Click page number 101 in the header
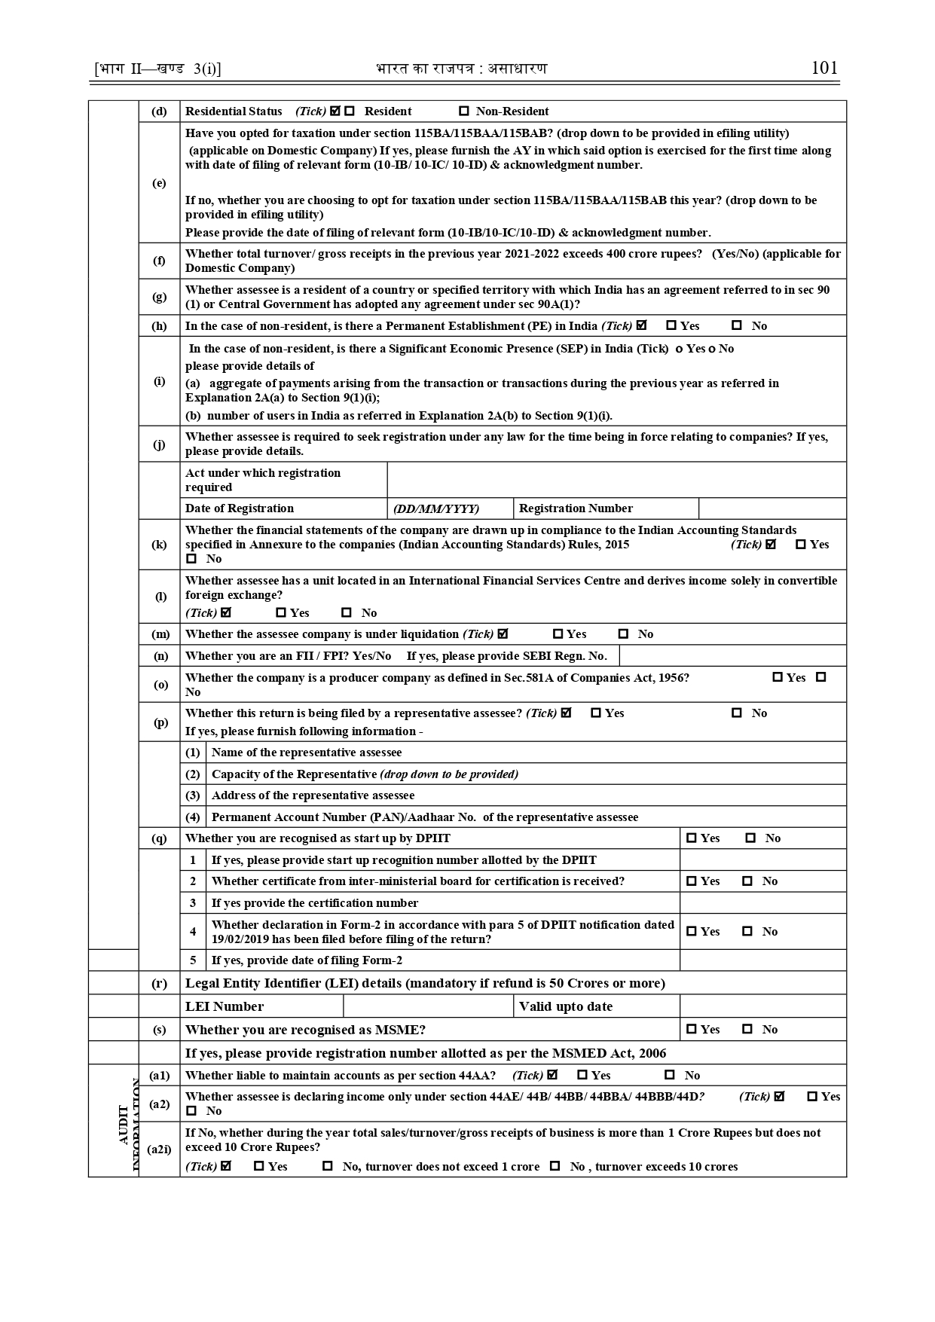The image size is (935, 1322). [824, 68]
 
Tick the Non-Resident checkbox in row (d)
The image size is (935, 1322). [464, 111]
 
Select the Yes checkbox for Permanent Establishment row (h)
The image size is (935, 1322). [671, 326]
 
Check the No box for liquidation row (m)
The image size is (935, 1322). [623, 634]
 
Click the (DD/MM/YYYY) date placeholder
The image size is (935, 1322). [436, 508]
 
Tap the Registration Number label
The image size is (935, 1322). [576, 508]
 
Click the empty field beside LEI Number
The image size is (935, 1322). [428, 1006]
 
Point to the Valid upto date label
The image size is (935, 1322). [565, 1006]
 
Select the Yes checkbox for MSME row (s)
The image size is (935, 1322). [691, 1030]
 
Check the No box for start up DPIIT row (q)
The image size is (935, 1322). [750, 838]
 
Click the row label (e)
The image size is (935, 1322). [159, 183]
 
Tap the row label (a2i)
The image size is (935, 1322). [159, 1149]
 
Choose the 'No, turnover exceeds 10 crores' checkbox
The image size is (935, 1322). [555, 1167]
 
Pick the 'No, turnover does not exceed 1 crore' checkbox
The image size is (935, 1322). [327, 1167]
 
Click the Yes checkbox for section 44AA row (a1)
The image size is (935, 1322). [582, 1076]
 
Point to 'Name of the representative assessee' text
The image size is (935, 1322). [307, 753]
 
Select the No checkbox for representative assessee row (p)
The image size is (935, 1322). [737, 713]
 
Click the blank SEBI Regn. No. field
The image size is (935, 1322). [732, 656]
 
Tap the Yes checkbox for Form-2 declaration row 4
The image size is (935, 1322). [691, 932]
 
